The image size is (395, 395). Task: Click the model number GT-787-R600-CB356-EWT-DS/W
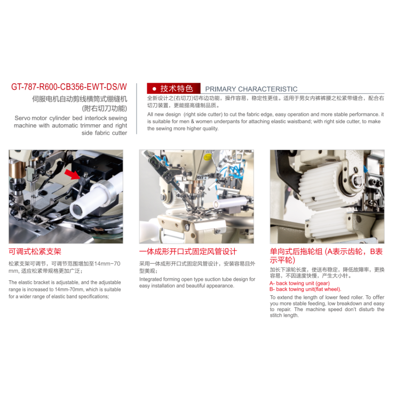pyautogui.click(x=69, y=87)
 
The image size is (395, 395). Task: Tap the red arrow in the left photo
pyautogui.click(x=72, y=174)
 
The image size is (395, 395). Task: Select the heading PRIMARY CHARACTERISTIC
pyautogui.click(x=251, y=89)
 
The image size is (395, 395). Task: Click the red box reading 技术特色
pyautogui.click(x=173, y=89)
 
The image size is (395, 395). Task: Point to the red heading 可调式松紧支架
pyautogui.click(x=35, y=251)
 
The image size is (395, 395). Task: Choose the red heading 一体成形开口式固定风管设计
pyautogui.click(x=188, y=251)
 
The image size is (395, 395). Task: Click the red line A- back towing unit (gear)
pyautogui.click(x=299, y=283)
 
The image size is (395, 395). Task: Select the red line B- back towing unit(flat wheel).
pyautogui.click(x=305, y=289)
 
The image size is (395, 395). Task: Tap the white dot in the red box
pyautogui.click(x=154, y=89)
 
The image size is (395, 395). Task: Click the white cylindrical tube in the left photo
pyautogui.click(x=94, y=196)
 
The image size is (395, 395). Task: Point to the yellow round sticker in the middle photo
pyautogui.click(x=208, y=157)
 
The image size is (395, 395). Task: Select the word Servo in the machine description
pyautogui.click(x=22, y=118)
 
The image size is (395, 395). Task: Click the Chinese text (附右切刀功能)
pyautogui.click(x=105, y=108)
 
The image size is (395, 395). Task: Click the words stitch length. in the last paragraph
pyautogui.click(x=284, y=315)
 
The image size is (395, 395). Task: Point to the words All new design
pyautogui.click(x=164, y=114)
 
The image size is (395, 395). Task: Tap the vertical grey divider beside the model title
pyautogui.click(x=137, y=108)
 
